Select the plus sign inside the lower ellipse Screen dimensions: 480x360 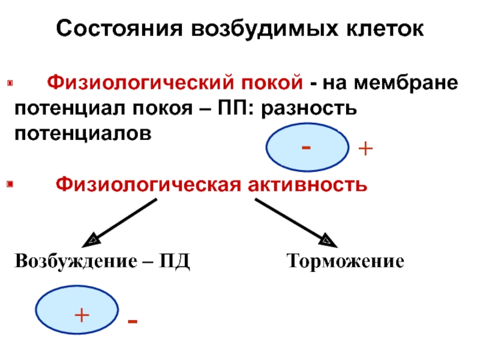click(x=82, y=313)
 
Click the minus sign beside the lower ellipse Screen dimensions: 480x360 click(x=133, y=323)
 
